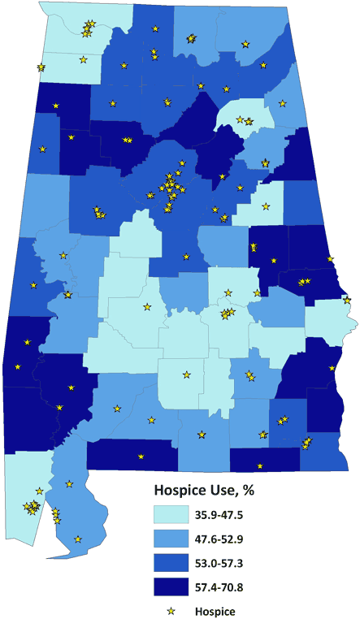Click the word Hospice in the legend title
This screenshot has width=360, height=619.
point(180,491)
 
